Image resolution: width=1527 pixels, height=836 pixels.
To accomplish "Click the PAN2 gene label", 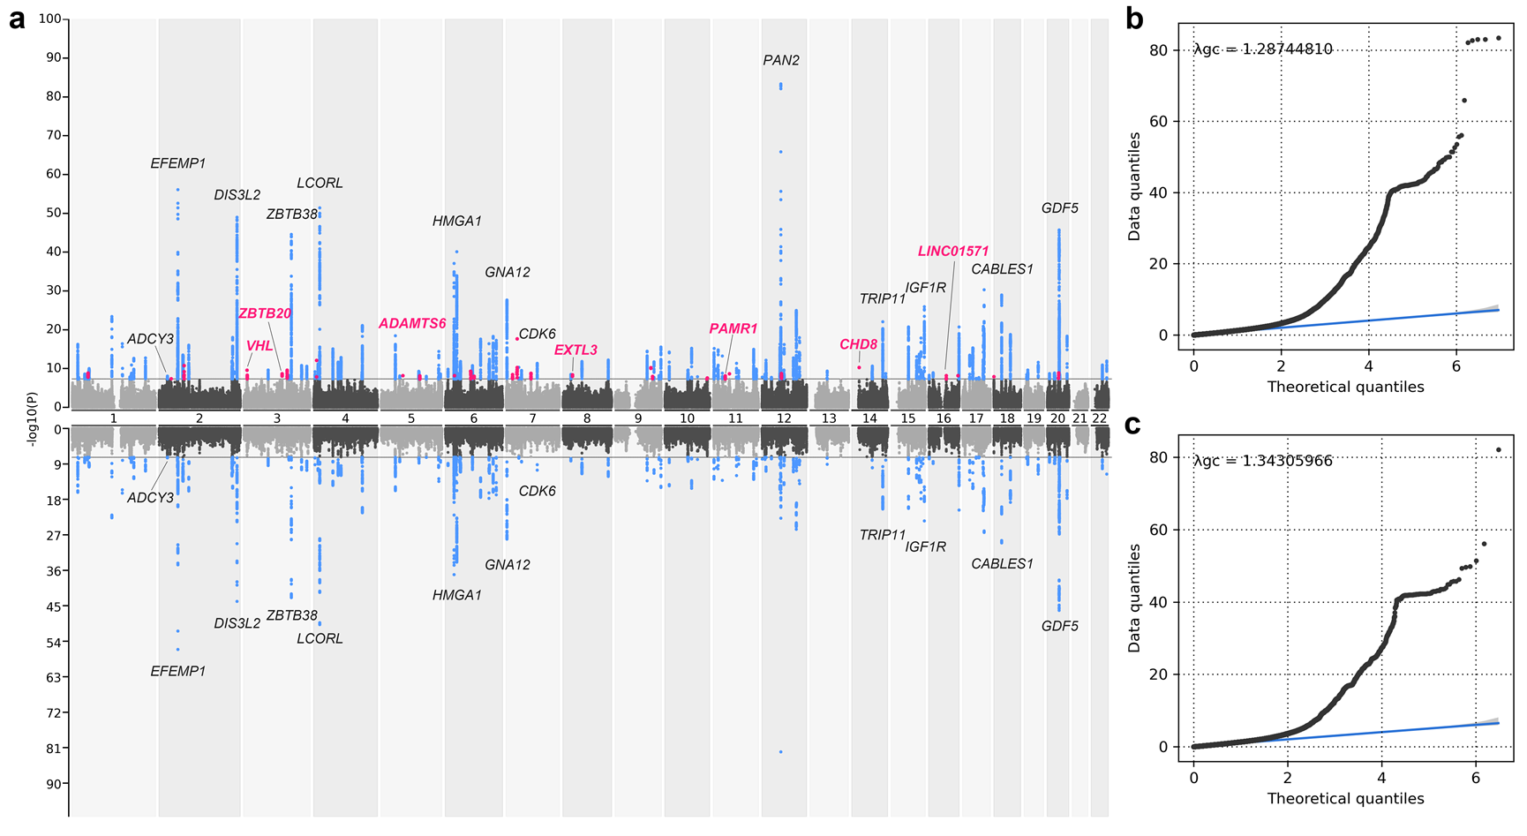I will click(x=781, y=61).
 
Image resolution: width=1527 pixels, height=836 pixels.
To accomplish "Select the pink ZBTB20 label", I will click(x=265, y=313).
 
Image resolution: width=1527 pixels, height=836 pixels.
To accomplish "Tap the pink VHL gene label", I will click(x=260, y=346).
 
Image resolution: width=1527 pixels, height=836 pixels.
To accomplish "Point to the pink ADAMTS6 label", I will click(x=412, y=324).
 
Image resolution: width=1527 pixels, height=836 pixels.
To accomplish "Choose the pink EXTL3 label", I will click(x=575, y=350).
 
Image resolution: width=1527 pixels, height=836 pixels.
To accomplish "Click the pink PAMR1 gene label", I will click(x=733, y=329).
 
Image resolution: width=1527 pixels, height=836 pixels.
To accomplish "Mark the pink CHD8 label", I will click(x=858, y=345).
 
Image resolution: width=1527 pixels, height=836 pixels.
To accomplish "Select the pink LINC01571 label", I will click(x=953, y=252).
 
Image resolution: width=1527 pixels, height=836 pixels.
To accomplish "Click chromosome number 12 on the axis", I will click(x=783, y=418).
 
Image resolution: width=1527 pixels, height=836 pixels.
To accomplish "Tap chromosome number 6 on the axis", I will click(x=474, y=418).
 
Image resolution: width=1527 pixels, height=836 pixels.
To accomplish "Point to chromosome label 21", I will click(x=1079, y=418).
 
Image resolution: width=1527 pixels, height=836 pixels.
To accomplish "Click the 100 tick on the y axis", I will click(x=50, y=19).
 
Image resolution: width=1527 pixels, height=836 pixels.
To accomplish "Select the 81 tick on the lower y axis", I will click(x=54, y=749).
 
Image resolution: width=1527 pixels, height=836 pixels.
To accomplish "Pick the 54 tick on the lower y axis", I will click(x=54, y=643).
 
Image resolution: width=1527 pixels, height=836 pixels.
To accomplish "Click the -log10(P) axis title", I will click(x=33, y=418).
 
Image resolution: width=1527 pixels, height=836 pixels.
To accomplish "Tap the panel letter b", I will click(x=1134, y=19).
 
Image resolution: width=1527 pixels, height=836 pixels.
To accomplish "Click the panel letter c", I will click(x=1133, y=426).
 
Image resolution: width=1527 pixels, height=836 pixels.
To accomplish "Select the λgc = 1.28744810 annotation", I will click(x=1262, y=49).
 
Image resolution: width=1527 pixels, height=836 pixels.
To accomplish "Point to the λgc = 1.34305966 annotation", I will click(x=1262, y=461).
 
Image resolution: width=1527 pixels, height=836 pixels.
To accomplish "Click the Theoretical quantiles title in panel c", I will click(x=1345, y=799).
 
